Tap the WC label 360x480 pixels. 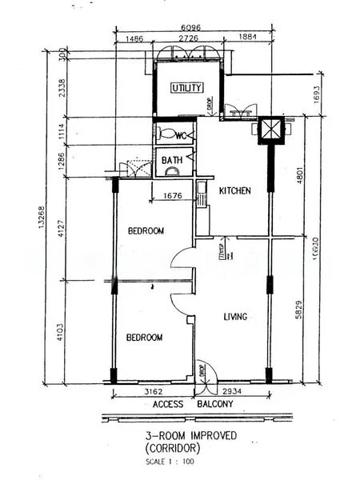pos(181,134)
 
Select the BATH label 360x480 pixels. pos(172,160)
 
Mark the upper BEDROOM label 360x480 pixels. pos(146,230)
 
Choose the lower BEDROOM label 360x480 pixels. pos(144,338)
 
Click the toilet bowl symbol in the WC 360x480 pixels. pos(165,134)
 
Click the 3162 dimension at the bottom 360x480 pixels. pos(154,392)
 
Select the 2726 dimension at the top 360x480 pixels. pos(188,38)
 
